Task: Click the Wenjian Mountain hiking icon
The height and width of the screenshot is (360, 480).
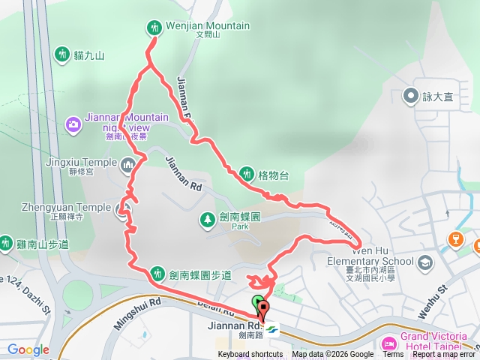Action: pos(154,27)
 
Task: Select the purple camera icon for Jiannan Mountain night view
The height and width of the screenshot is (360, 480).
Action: pos(73,123)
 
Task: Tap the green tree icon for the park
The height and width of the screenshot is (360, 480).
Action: pos(206,219)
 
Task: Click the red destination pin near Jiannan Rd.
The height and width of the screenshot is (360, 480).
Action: pos(263,309)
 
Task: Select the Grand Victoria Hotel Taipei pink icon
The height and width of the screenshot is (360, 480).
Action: pos(388,344)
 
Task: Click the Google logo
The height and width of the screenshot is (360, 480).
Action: pos(28,349)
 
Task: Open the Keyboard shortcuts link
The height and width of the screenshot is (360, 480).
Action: pos(250,355)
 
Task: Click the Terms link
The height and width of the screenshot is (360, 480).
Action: pos(393,355)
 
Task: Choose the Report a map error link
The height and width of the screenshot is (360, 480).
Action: pos(443,355)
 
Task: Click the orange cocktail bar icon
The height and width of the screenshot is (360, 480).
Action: pos(453,239)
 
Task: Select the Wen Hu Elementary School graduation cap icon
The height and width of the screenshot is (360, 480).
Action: pos(425,262)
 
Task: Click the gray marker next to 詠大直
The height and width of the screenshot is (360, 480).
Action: pos(411,96)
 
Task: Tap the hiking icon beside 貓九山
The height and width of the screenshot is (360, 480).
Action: pos(62,54)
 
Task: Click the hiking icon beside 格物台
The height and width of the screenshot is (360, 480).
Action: pos(247,175)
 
